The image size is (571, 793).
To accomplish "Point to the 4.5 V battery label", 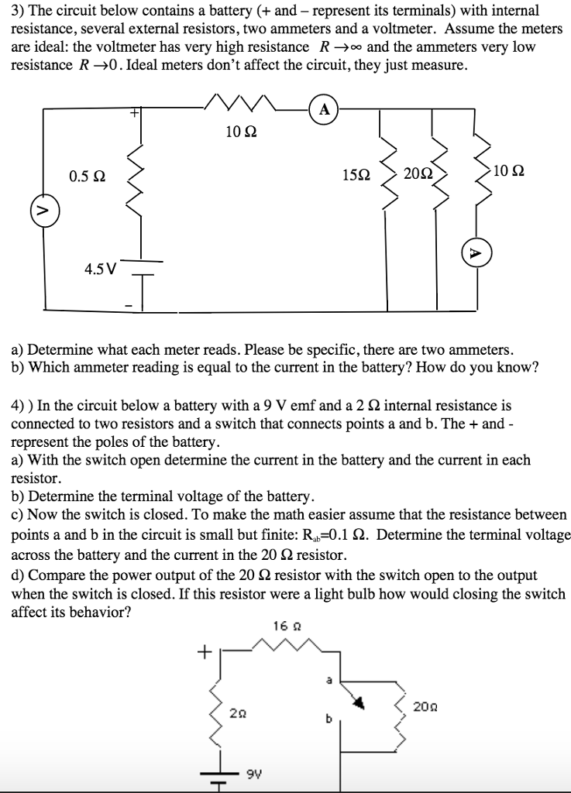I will (101, 269).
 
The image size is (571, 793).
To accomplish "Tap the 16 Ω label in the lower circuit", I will (282, 624).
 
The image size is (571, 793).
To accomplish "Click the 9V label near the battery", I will (252, 771).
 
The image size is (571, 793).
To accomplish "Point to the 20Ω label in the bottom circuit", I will (424, 706).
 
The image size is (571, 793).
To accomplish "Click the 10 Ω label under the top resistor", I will (237, 132).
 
